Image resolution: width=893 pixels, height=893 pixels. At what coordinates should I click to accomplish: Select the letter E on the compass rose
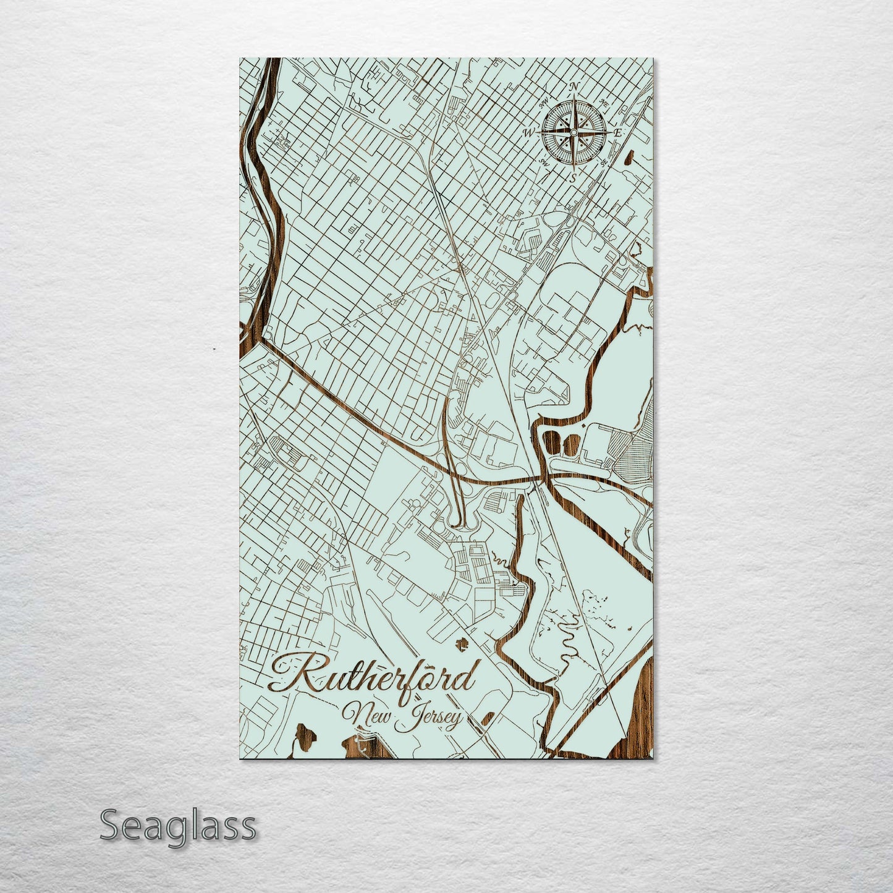pyautogui.click(x=619, y=133)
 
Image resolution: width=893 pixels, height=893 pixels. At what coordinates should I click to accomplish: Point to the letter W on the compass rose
pyautogui.click(x=529, y=132)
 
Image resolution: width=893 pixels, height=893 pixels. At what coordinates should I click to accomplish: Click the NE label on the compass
pyautogui.click(x=606, y=106)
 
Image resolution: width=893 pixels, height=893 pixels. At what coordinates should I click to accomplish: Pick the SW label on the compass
pyautogui.click(x=544, y=163)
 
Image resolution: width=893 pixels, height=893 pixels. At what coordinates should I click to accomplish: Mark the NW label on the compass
pyautogui.click(x=544, y=104)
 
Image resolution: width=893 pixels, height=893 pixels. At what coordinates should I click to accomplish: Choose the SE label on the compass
pyautogui.click(x=604, y=162)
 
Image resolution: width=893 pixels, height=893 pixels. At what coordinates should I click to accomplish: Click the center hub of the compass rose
pyautogui.click(x=574, y=132)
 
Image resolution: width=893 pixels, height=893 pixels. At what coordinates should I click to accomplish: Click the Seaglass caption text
pyautogui.click(x=177, y=826)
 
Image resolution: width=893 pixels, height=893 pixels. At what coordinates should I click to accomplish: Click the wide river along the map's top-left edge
pyautogui.click(x=260, y=185)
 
